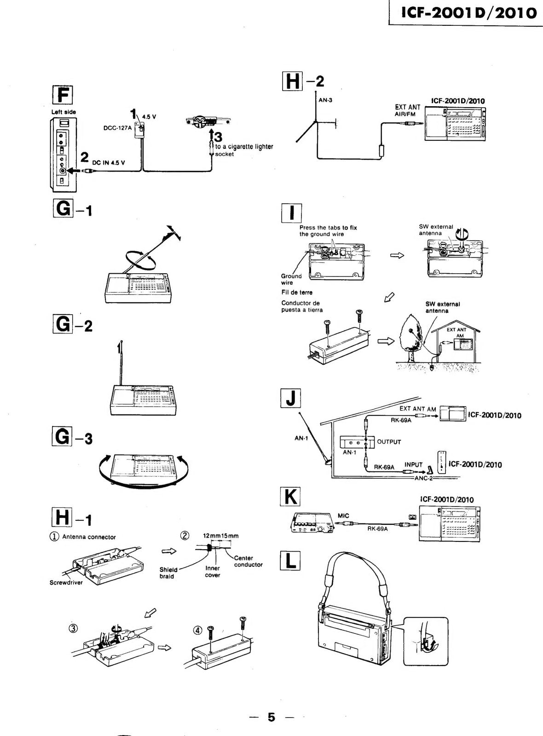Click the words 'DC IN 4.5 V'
tap(108, 163)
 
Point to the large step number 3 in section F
tap(218, 137)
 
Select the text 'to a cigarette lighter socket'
tap(244, 150)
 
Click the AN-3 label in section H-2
tap(325, 100)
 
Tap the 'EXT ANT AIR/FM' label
tap(407, 110)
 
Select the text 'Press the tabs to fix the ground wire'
tap(328, 230)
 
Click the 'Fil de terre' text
tap(297, 292)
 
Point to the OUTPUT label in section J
tap(389, 442)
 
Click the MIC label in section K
tap(343, 516)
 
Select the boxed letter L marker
tap(290, 561)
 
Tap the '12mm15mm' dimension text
tap(220, 535)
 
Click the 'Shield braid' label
tap(168, 573)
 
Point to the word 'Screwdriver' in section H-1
tap(66, 582)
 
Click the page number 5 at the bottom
tap(271, 717)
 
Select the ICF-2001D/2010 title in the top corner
tap(468, 12)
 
